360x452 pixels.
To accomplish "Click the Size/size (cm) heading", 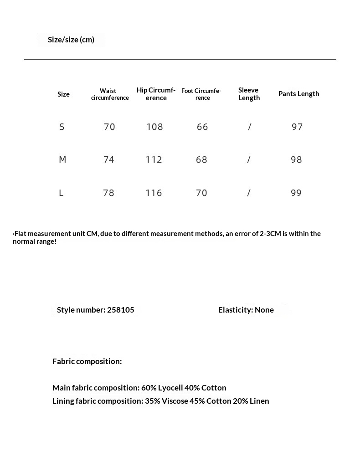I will [71, 40].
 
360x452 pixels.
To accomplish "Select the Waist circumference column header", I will [109, 94].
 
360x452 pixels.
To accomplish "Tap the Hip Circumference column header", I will [156, 94].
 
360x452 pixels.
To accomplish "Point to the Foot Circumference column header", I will [201, 94].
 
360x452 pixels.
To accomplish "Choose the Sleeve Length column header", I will [249, 94].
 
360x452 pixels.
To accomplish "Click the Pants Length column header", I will [298, 94].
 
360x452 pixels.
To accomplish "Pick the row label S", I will [62, 127].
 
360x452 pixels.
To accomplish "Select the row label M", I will [62, 160].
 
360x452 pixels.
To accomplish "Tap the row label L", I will [61, 193].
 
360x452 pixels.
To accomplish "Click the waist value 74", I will [109, 160].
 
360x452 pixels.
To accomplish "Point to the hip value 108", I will [154, 127].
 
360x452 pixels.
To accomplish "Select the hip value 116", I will [154, 193].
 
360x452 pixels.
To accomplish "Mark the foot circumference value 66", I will [202, 127].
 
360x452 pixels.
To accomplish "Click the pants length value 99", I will [296, 193].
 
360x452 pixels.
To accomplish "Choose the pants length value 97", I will [297, 127].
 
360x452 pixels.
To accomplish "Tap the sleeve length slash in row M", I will [249, 160].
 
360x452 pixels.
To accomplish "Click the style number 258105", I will [121, 310].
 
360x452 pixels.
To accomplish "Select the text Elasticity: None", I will [246, 310].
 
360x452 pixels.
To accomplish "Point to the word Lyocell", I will [170, 388].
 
